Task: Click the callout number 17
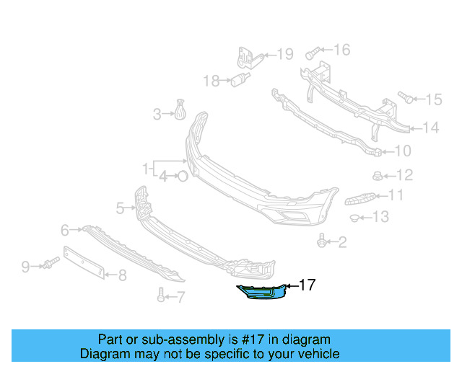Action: coord(307,285)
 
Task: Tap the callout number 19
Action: coord(285,54)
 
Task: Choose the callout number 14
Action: coord(430,128)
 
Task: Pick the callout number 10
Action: coord(403,151)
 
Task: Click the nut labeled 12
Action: coord(377,175)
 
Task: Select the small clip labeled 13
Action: coord(356,217)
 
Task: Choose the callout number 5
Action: coord(121,208)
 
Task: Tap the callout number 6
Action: coord(65,230)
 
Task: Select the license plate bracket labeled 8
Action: coord(86,263)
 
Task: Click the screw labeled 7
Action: coord(160,294)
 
